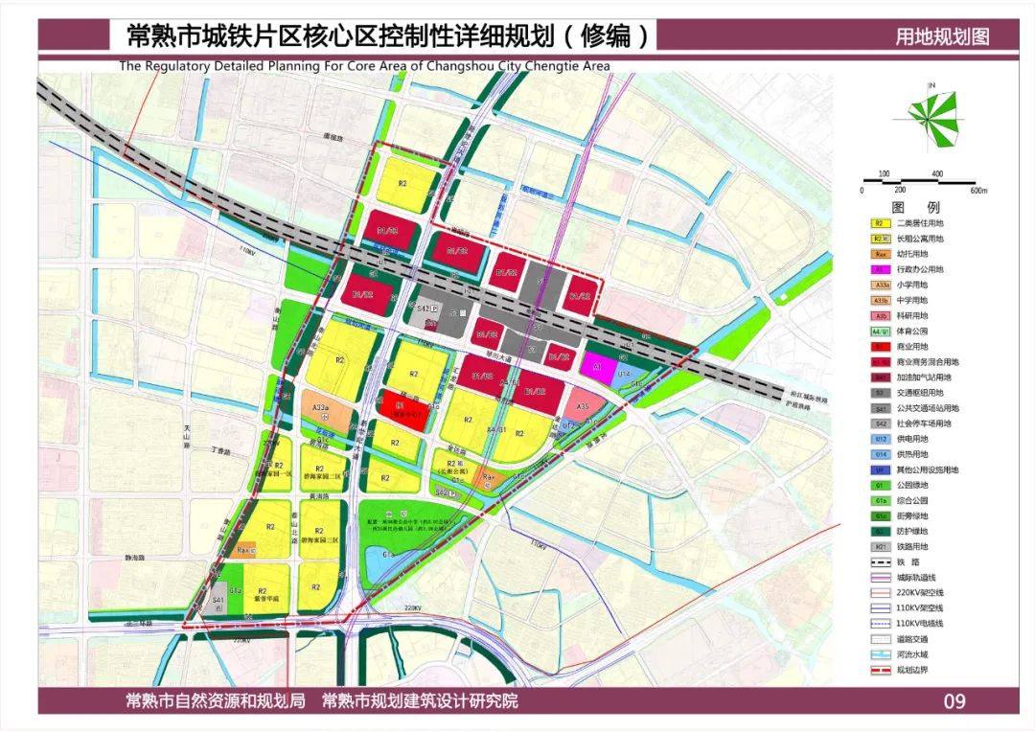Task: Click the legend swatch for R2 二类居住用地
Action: click(x=877, y=223)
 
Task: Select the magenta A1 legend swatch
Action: click(x=877, y=269)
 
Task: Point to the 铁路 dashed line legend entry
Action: click(x=877, y=561)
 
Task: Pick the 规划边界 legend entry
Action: click(x=877, y=669)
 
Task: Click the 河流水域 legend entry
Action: click(x=877, y=653)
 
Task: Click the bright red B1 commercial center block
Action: click(x=398, y=410)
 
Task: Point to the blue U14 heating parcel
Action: click(x=625, y=373)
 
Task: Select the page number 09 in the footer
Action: click(x=954, y=701)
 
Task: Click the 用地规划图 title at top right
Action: click(x=941, y=37)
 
